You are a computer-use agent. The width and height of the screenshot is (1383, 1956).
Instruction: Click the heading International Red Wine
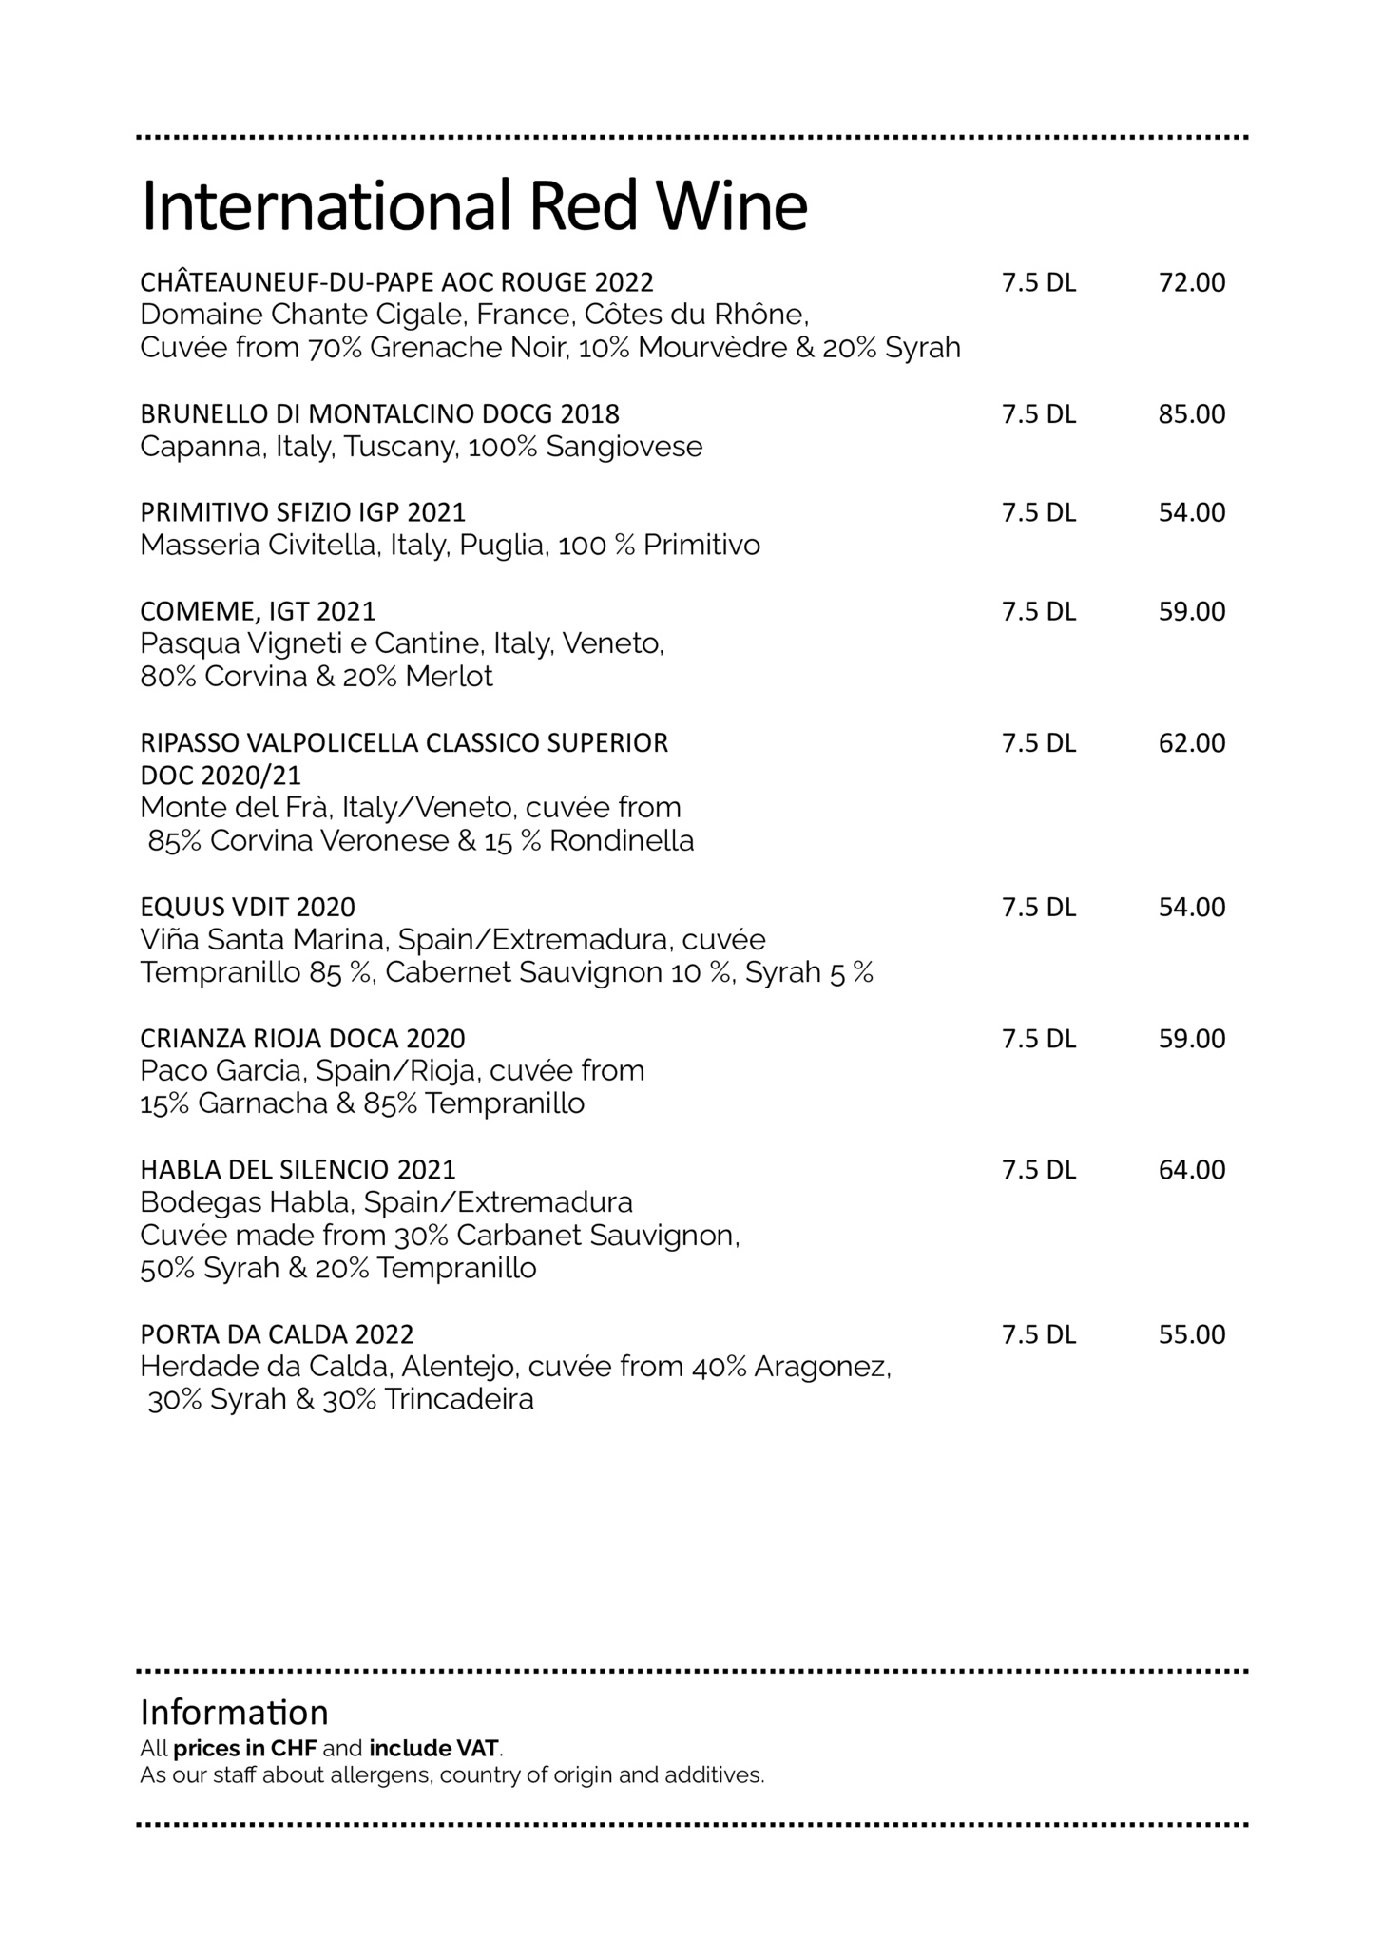(x=473, y=205)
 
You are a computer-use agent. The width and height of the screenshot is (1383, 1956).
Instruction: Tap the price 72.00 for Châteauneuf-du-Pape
(x=1191, y=283)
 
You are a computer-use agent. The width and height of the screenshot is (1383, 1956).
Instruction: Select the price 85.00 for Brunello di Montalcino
(x=1191, y=414)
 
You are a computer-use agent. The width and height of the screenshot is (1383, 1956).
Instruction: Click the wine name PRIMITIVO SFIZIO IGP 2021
(x=302, y=513)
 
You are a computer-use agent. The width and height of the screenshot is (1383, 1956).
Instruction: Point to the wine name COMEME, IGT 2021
(x=258, y=611)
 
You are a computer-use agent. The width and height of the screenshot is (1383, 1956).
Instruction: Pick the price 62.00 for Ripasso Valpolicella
(x=1191, y=743)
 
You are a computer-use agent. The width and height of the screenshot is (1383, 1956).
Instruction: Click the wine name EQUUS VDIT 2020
(x=247, y=908)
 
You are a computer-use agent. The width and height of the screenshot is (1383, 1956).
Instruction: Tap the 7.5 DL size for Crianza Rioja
(x=1038, y=1039)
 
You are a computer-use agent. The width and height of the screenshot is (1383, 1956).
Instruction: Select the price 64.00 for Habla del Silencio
(x=1191, y=1170)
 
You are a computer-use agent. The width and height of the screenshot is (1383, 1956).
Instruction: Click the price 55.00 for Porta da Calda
(x=1191, y=1334)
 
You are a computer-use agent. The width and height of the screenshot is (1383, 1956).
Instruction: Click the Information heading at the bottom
(x=234, y=1713)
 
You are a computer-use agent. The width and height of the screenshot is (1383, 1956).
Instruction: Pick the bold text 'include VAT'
(x=433, y=1748)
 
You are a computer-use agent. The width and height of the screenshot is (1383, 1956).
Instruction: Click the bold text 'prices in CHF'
(x=244, y=1748)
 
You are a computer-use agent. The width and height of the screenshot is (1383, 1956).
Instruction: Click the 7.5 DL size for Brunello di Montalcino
(x=1038, y=414)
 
